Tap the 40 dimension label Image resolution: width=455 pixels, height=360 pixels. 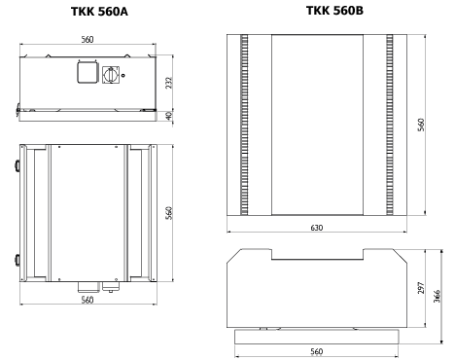168,117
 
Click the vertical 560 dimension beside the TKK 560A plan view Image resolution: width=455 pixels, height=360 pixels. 168,212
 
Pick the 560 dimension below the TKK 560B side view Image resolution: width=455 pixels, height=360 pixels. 316,351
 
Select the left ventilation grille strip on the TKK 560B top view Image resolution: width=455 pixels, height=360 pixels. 245,126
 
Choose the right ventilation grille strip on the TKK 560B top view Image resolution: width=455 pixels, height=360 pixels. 388,126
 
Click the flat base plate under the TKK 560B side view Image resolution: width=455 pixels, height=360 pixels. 316,333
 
